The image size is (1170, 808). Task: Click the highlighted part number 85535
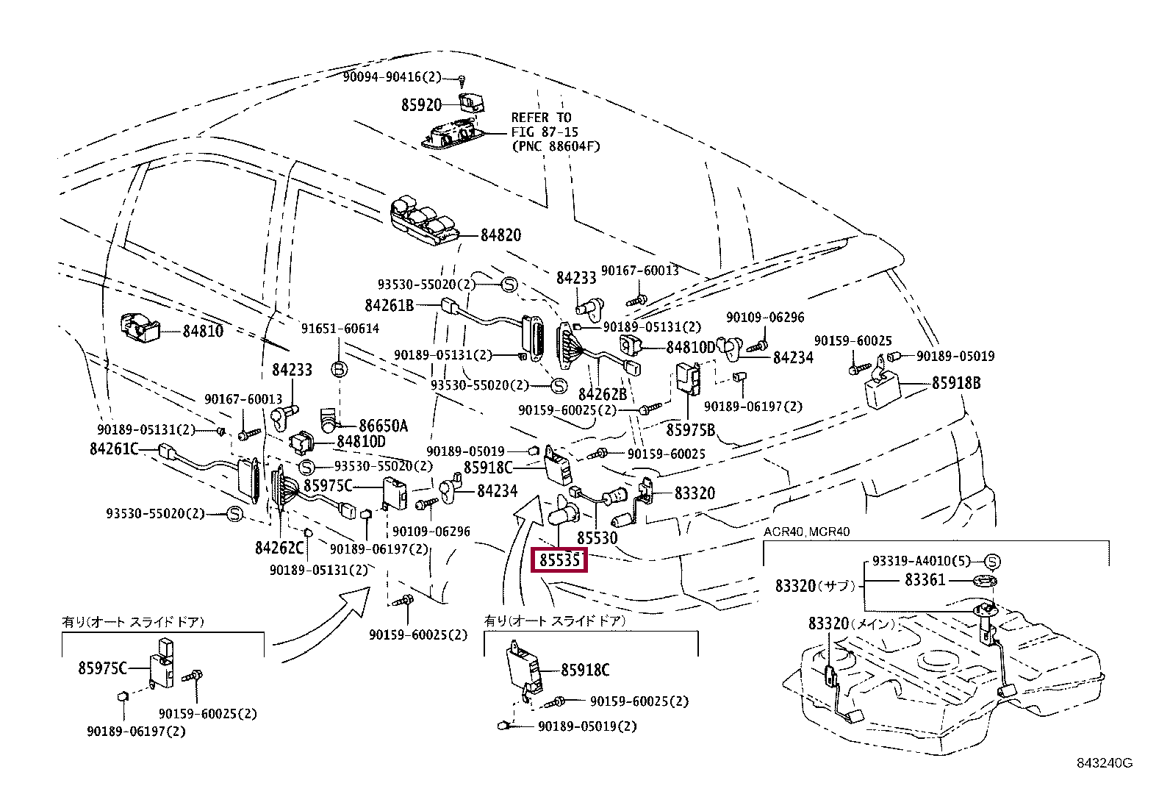[x=560, y=562]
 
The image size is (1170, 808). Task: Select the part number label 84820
[x=500, y=235]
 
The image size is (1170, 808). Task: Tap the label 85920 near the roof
[x=421, y=105]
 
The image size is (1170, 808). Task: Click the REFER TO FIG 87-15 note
[x=555, y=132]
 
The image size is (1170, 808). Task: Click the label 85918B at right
[x=956, y=383]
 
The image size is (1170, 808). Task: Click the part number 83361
[x=925, y=580]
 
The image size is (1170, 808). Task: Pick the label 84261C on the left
[x=114, y=448]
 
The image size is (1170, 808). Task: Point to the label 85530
[x=596, y=538]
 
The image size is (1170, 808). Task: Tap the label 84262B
[x=603, y=394]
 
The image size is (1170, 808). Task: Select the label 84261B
[x=389, y=304]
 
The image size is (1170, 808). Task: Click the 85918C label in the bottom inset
[x=585, y=670]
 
